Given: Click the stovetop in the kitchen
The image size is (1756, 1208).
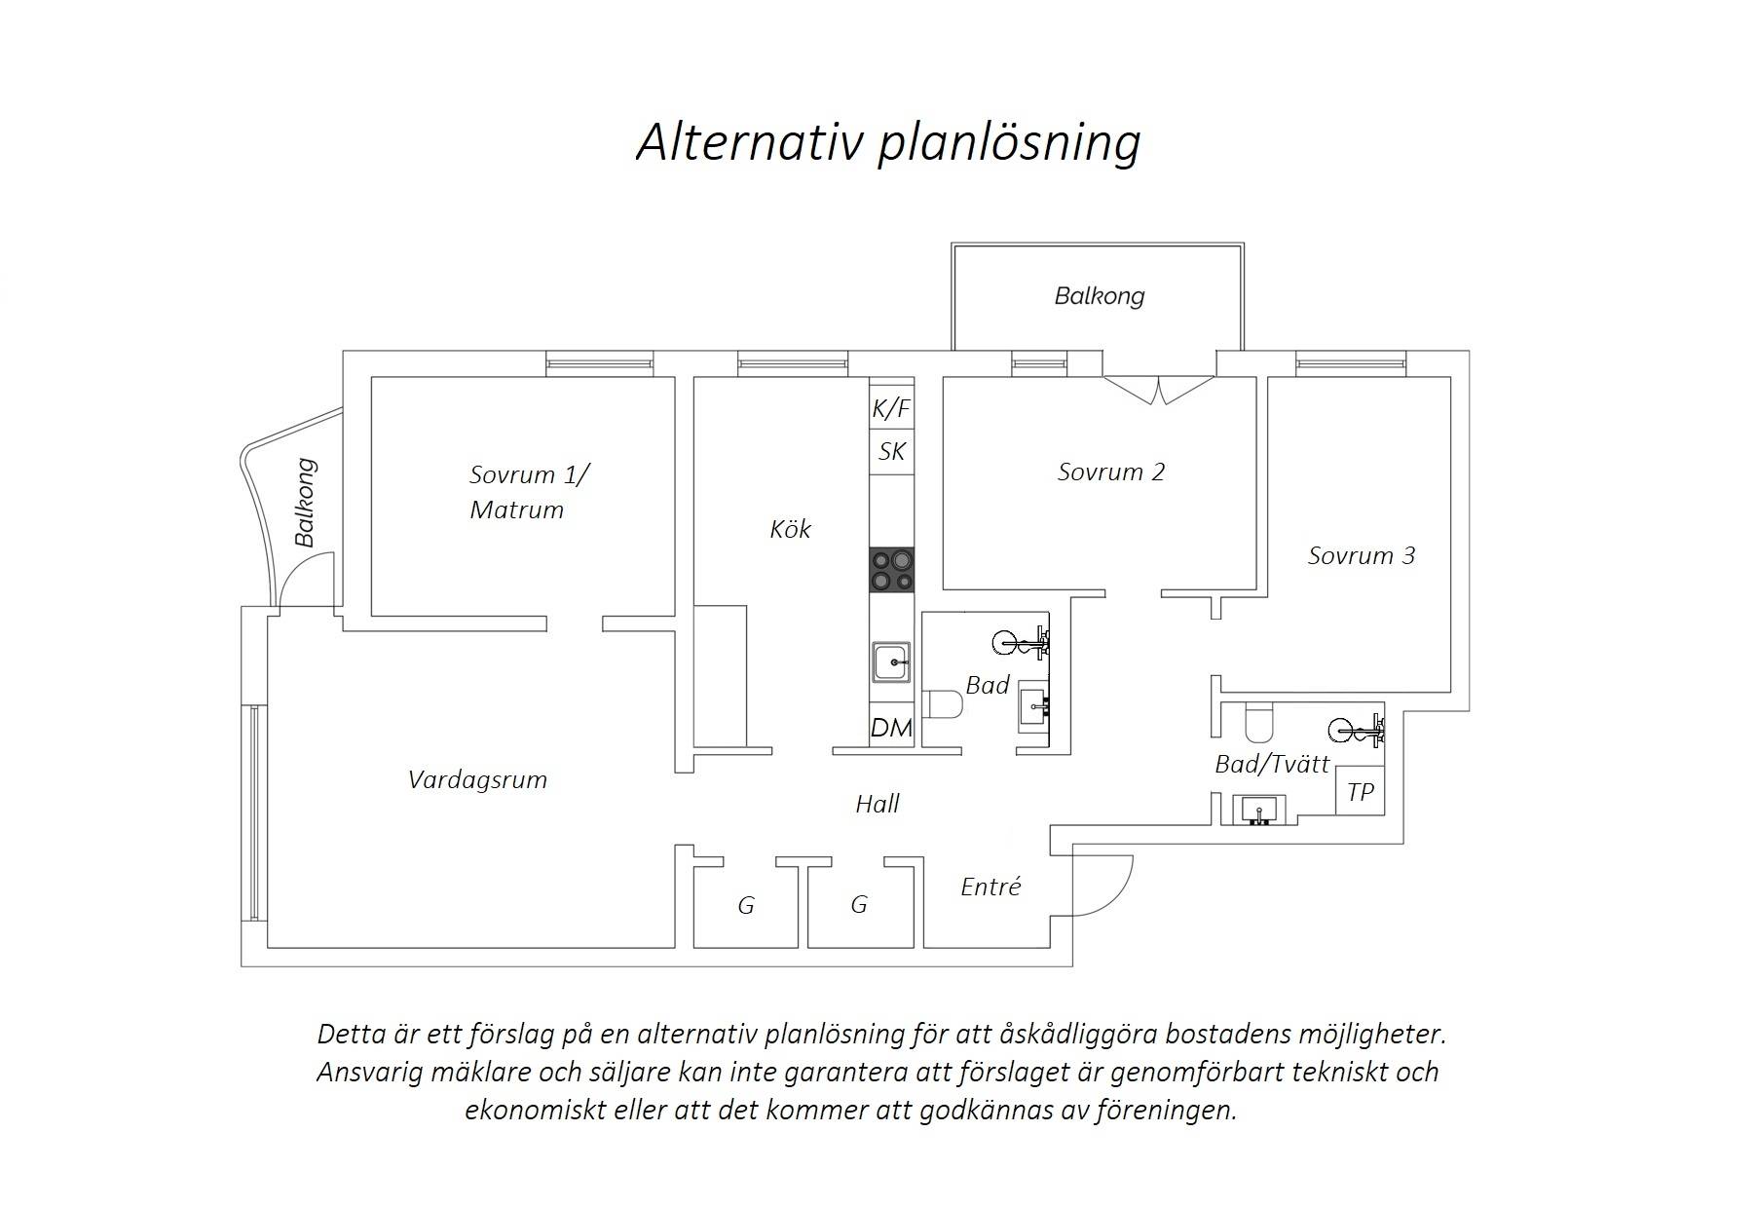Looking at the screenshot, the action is point(892,570).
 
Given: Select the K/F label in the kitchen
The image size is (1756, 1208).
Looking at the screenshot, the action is point(891,408).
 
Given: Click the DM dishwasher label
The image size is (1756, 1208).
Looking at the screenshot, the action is point(891,728).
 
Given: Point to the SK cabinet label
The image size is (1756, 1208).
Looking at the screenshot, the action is point(891,451).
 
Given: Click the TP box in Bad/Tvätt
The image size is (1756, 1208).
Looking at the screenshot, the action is point(1360,792).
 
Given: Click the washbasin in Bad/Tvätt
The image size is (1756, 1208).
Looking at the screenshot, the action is point(1260,810).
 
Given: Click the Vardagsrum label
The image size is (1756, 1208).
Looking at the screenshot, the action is point(477,780).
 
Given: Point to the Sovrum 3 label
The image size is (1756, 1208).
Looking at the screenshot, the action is point(1361,556).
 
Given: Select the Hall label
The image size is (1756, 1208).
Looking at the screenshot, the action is point(877,804).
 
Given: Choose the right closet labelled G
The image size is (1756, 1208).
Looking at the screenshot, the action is point(859,905).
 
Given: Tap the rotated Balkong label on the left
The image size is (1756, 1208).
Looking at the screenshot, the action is point(305,503).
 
